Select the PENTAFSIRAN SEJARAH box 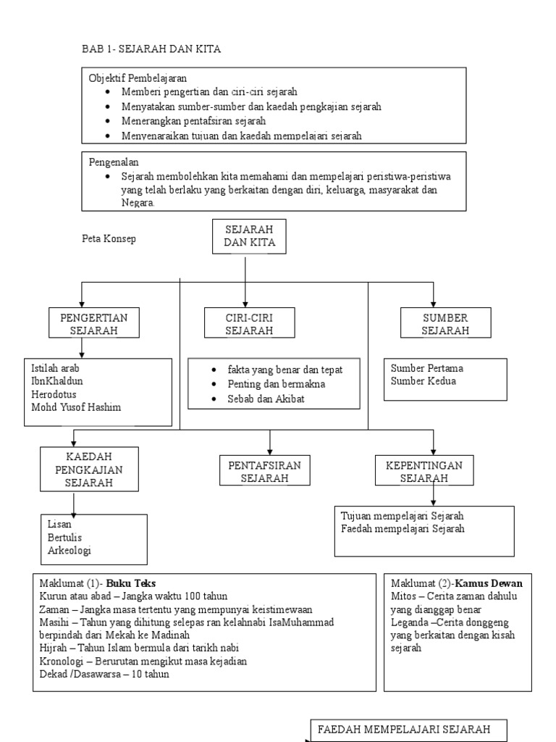coord(264,470)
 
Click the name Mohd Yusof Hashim coord(76,407)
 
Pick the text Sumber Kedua coord(423,381)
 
